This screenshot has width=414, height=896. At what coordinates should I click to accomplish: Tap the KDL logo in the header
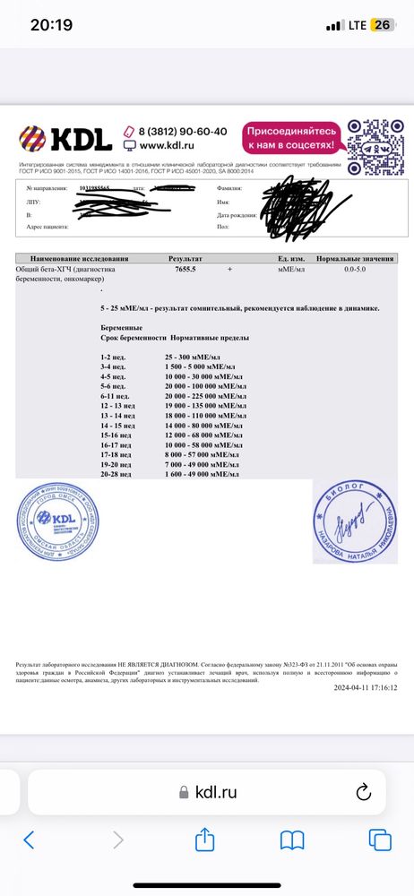point(66,138)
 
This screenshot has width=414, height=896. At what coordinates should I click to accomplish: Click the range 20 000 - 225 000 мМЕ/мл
point(199,395)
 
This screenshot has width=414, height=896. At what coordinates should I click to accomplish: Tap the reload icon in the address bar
point(364,791)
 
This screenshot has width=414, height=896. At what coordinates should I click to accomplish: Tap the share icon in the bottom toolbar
point(205,840)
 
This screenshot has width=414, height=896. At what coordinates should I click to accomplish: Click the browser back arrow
point(30,840)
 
